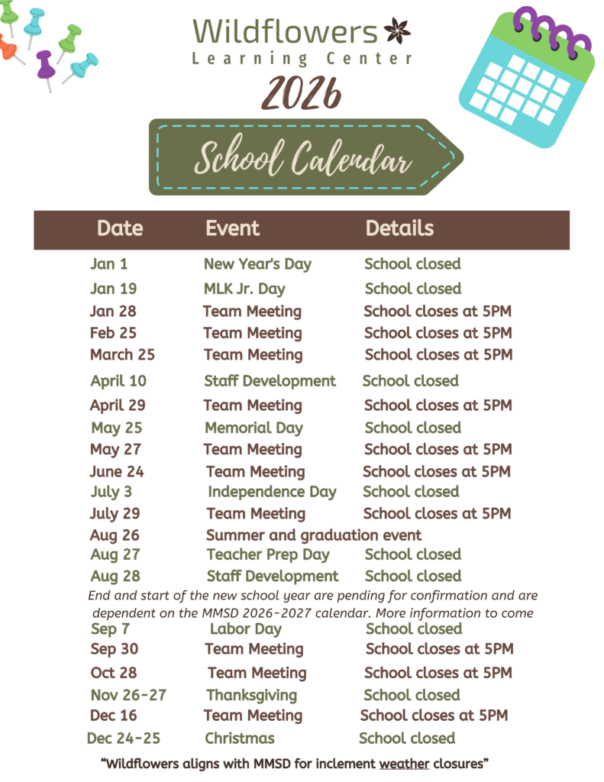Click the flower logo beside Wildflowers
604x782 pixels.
(x=397, y=31)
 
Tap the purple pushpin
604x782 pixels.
(x=45, y=65)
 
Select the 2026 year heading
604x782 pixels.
(x=301, y=94)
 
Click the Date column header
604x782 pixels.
(x=120, y=228)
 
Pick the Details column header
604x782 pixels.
(x=399, y=228)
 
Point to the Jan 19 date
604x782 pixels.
(x=113, y=289)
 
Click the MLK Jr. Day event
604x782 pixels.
(x=244, y=289)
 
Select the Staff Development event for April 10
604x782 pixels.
(x=270, y=380)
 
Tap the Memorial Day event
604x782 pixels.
(x=254, y=428)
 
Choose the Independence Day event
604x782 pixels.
(x=272, y=492)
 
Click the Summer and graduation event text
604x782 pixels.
(x=313, y=535)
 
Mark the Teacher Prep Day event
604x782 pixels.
(x=267, y=554)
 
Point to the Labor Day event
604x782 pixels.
(x=246, y=629)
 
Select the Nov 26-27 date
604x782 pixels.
(x=128, y=695)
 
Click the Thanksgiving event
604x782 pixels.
(x=251, y=695)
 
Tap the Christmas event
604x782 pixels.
(x=240, y=738)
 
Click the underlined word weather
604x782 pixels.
(x=404, y=763)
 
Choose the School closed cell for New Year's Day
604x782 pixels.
(x=412, y=264)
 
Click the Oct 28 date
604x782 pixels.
(x=115, y=673)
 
